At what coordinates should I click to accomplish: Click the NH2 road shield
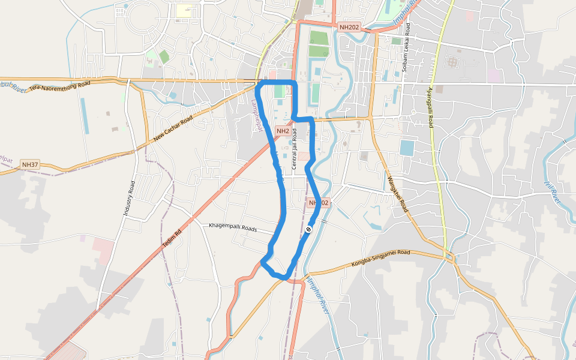click(x=283, y=131)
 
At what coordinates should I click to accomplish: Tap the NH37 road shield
click(x=29, y=164)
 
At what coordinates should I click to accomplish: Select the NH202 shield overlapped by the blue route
click(x=319, y=203)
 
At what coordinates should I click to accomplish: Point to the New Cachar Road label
click(x=173, y=128)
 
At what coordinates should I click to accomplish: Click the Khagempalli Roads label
click(x=233, y=227)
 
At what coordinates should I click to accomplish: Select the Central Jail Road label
click(x=295, y=152)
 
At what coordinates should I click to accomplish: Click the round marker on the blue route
click(x=308, y=229)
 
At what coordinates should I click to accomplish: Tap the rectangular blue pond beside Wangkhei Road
click(x=407, y=148)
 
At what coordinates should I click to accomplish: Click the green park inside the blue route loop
click(x=279, y=91)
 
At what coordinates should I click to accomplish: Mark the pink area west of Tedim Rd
click(x=103, y=251)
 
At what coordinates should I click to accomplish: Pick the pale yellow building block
click(x=184, y=11)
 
